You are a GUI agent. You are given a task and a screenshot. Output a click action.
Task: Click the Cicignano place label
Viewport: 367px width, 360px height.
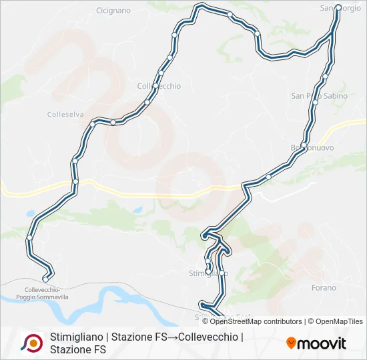(x=113, y=11)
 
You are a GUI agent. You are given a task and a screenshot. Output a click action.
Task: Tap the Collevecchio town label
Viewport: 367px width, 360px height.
(x=155, y=86)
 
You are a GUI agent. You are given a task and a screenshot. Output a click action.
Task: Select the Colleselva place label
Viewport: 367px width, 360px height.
(x=65, y=115)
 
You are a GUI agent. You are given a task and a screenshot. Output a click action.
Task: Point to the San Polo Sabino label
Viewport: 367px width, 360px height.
(x=319, y=96)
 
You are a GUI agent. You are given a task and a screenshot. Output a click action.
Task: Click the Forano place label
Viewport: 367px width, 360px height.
(x=324, y=288)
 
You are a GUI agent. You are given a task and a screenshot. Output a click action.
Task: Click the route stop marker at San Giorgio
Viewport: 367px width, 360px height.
(x=338, y=8)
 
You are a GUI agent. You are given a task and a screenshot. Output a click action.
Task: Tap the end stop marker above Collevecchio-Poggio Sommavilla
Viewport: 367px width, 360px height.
(x=45, y=279)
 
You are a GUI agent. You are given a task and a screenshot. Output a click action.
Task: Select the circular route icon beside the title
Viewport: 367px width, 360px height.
(x=31, y=343)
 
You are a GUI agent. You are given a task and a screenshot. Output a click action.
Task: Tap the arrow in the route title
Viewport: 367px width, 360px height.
(x=173, y=337)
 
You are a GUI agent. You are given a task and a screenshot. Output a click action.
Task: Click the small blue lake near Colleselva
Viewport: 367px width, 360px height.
(x=30, y=215)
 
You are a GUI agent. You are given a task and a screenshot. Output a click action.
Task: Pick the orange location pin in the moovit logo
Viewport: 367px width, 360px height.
(x=291, y=343)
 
